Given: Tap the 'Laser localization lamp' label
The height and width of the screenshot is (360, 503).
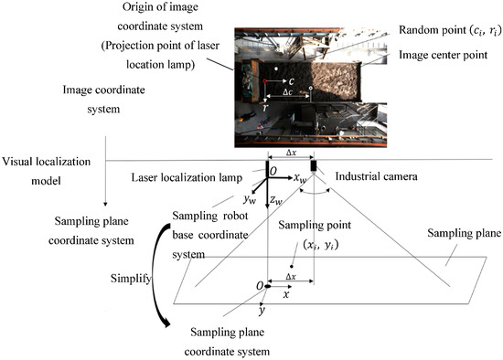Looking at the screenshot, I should click(197, 176).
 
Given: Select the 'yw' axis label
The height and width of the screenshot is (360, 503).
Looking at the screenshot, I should click(248, 198).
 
